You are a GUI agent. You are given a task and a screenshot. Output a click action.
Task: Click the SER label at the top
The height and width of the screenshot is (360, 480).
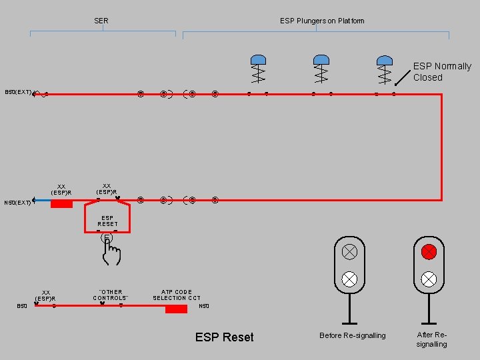(x=101, y=21)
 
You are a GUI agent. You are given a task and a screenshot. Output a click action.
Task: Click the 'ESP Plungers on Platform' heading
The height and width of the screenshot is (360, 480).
(x=322, y=21)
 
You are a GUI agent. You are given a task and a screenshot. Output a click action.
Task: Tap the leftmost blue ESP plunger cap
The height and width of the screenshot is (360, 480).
(x=258, y=60)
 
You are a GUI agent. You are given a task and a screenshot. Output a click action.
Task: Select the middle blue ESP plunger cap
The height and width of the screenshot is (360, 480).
(x=321, y=60)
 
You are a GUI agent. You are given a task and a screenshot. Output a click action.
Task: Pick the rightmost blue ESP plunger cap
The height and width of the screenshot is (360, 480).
(x=385, y=60)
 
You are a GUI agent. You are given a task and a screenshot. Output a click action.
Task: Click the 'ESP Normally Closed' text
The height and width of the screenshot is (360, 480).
(x=441, y=71)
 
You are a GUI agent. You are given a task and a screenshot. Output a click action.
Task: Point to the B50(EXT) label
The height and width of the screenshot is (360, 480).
(x=18, y=92)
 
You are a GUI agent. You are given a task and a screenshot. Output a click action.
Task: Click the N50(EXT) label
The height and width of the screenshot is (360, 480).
(x=17, y=203)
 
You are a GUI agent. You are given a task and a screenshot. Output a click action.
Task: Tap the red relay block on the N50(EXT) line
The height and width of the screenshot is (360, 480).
(x=61, y=203)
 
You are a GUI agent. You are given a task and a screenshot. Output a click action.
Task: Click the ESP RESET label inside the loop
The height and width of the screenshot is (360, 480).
(x=107, y=221)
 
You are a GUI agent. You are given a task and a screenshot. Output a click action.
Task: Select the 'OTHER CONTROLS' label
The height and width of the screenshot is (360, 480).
(x=111, y=295)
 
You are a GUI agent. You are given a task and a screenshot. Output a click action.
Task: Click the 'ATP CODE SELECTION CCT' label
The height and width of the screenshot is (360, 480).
(x=177, y=295)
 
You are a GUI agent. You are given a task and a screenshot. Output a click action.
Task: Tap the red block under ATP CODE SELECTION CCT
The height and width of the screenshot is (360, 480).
(x=176, y=309)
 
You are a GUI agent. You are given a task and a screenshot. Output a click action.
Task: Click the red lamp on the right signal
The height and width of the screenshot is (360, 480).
(x=429, y=252)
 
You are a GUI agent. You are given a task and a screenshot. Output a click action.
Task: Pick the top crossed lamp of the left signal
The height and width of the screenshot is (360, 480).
(x=349, y=252)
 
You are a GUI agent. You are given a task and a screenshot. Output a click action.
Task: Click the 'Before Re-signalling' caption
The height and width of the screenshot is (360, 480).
(x=352, y=335)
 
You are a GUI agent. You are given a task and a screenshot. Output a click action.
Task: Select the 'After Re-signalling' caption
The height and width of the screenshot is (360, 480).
(x=431, y=339)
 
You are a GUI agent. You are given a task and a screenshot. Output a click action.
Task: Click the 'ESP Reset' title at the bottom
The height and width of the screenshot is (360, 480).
(x=224, y=337)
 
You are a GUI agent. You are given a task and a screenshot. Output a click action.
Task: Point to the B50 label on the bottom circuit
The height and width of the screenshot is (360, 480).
(x=22, y=306)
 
